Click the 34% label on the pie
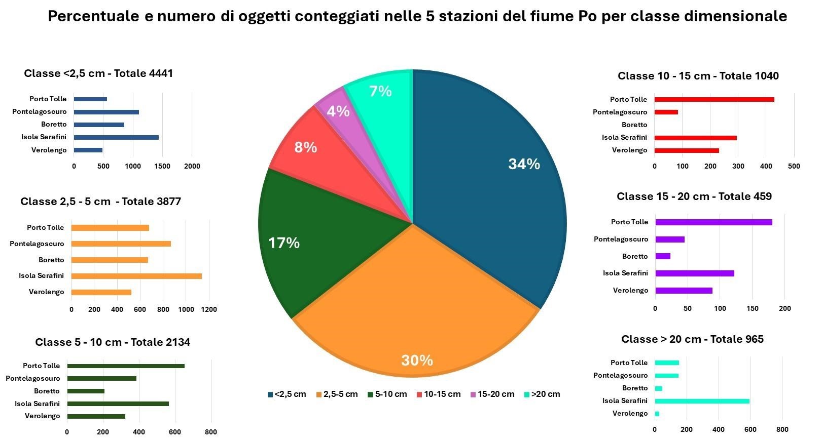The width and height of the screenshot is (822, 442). coord(524,164)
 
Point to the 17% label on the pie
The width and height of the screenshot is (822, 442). coord(283,243)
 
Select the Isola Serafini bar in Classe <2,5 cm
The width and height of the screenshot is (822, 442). coord(116,137)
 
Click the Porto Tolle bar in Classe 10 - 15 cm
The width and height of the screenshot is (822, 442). coord(714,99)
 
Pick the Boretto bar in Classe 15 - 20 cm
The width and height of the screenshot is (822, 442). coord(663,256)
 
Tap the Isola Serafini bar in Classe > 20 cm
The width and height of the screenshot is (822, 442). coord(702,401)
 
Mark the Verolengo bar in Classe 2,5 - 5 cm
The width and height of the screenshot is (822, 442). coord(101,292)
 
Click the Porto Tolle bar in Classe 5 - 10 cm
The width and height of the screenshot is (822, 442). coord(126,366)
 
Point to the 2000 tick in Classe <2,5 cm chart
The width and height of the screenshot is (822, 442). coord(192,166)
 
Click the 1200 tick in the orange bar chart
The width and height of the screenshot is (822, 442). coord(209,309)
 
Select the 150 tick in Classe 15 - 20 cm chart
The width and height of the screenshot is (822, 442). coord(753,308)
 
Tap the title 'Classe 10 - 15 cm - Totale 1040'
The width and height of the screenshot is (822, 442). coord(698,76)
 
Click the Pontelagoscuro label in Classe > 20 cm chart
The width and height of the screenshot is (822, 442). coord(620,375)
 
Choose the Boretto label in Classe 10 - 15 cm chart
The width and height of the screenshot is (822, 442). coord(634,125)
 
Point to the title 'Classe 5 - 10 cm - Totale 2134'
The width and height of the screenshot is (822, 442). coord(113,342)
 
